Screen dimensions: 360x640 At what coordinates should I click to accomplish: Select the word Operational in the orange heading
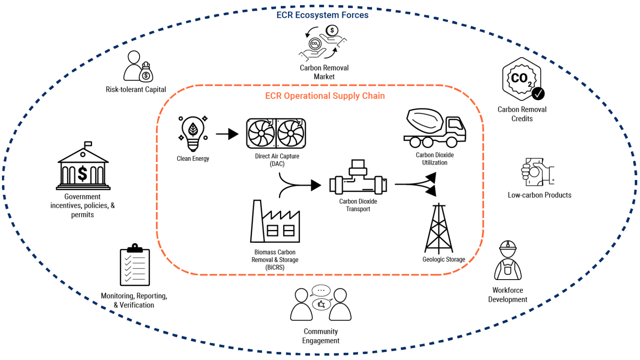tap(307, 96)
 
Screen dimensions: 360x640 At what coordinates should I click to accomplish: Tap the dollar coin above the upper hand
tap(332, 30)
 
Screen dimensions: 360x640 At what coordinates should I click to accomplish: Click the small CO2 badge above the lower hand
tap(315, 44)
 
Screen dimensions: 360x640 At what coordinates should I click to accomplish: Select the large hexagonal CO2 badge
tap(521, 78)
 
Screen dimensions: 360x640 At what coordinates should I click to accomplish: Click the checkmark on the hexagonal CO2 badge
tap(538, 93)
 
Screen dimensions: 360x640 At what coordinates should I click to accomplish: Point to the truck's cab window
tap(455, 125)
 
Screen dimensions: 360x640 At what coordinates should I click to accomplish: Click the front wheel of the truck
tap(452, 142)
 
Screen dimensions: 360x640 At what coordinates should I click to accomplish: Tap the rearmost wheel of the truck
tap(415, 142)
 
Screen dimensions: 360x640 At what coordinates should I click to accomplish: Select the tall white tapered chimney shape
tap(257, 222)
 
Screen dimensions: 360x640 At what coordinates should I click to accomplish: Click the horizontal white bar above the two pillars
tap(358, 171)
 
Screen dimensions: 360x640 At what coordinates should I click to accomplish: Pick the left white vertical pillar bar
tap(339, 185)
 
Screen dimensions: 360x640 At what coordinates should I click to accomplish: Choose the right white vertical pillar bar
tap(378, 185)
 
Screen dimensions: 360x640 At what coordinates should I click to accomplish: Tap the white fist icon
tap(526, 172)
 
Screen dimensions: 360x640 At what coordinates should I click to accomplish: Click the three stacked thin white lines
tap(83, 187)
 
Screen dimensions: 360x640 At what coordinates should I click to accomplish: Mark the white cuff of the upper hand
tap(342, 42)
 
